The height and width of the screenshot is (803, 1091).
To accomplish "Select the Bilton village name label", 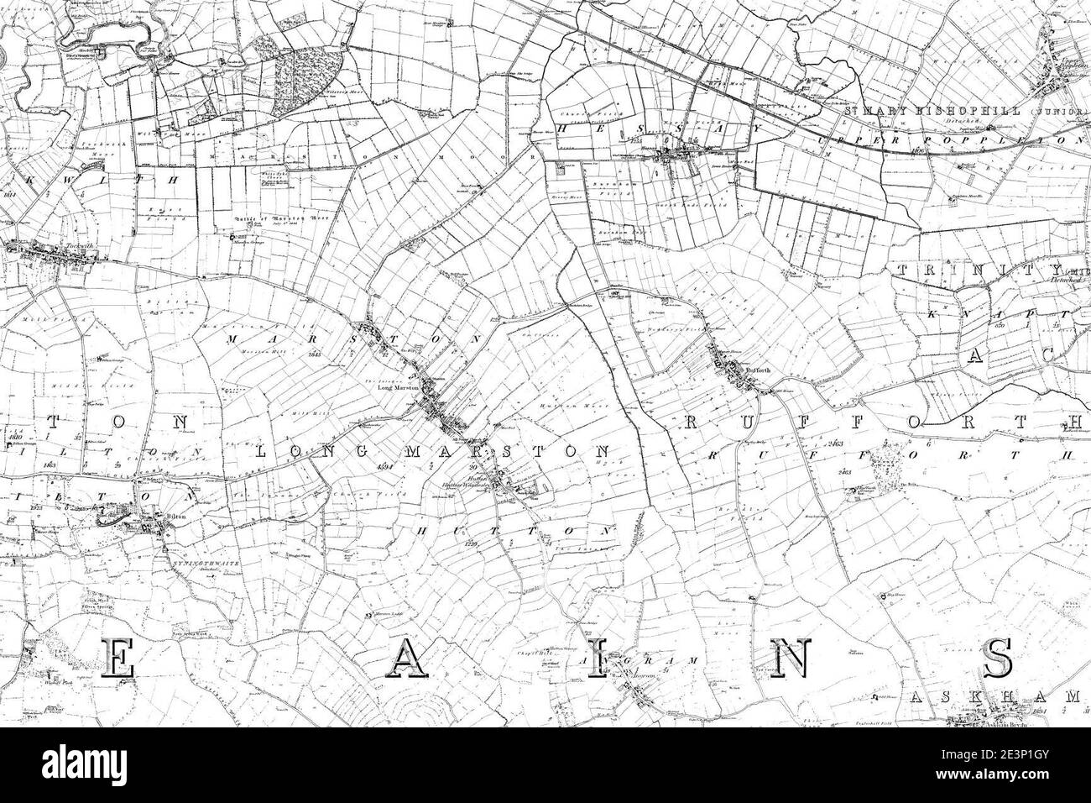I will (x=175, y=520).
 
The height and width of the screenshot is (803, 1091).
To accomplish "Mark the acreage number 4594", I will (x=385, y=465).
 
